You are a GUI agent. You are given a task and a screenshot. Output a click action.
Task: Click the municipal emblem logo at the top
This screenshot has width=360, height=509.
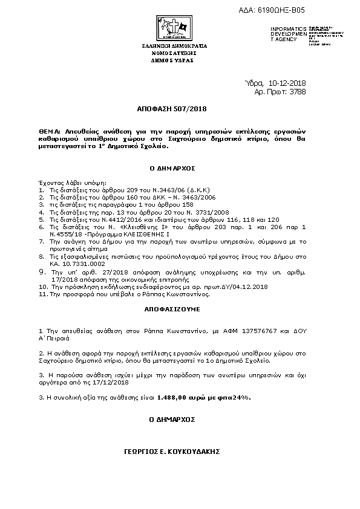pyautogui.click(x=174, y=27)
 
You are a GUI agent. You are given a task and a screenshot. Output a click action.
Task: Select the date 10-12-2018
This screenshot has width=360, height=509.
pyautogui.click(x=287, y=83)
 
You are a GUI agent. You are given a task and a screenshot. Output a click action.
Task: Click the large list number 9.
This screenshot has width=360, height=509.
pyautogui.click(x=41, y=272)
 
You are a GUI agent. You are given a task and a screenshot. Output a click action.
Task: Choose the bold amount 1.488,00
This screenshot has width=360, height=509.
pyautogui.click(x=171, y=398)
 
